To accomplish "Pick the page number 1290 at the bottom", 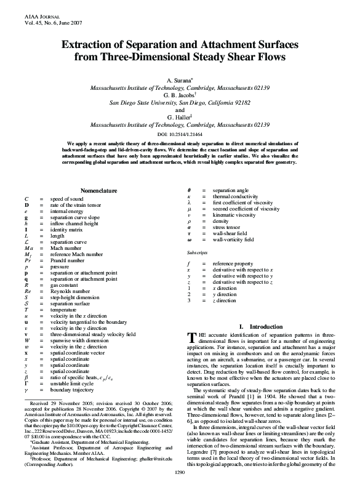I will tap(180, 471).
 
